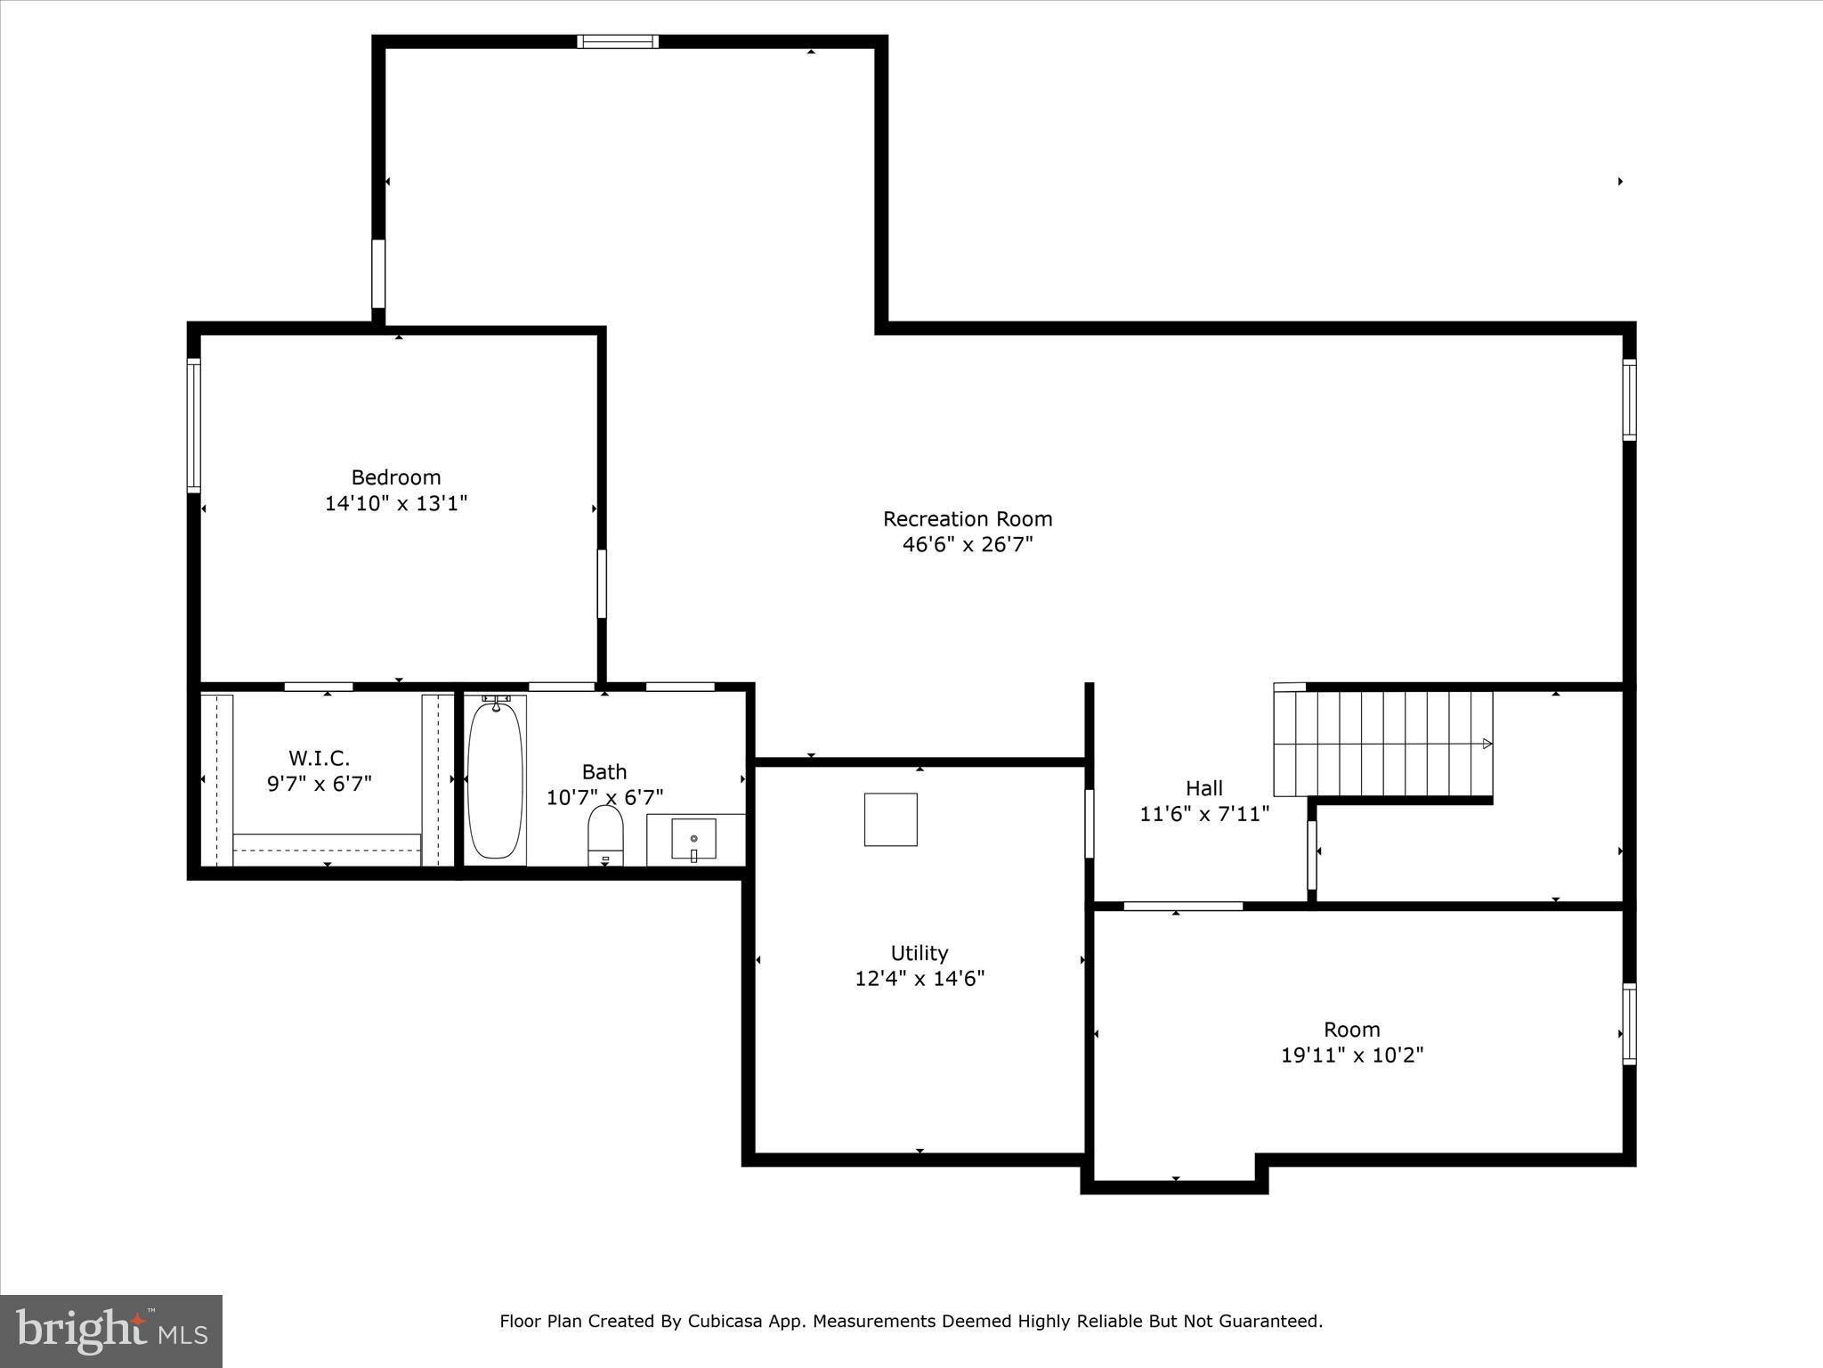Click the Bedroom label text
[396, 477]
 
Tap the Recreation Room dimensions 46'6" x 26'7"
[968, 544]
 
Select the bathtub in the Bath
[495, 780]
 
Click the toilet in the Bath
[605, 835]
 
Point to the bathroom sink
[693, 840]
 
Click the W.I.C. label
[319, 759]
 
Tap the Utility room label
[920, 953]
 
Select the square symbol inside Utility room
[890, 819]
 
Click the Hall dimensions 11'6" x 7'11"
[1204, 813]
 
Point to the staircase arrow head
[1487, 744]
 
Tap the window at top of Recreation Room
[618, 41]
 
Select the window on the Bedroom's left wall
[193, 425]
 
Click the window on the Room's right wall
[1629, 1023]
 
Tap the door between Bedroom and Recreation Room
[602, 583]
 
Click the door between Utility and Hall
[1089, 824]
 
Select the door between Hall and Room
[1183, 907]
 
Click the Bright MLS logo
[111, 1331]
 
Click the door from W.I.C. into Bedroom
[319, 687]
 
